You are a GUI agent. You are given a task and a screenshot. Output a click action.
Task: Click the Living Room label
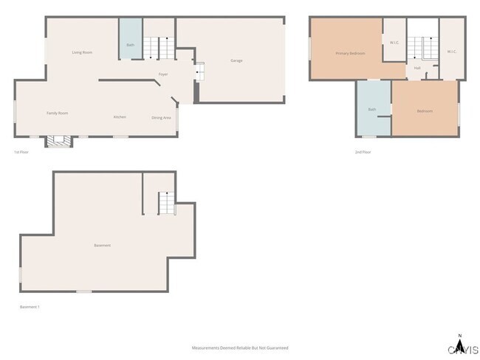coord(82,52)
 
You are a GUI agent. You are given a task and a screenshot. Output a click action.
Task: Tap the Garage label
coord(236,60)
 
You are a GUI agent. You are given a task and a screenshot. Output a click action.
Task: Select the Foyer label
coord(163,75)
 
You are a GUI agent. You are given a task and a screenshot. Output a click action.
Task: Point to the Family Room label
coord(58,113)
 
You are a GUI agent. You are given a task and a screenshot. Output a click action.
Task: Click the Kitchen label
coord(120,117)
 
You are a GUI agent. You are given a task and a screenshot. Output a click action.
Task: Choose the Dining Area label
coord(162,117)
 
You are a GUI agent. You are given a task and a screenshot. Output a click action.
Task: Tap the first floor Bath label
coord(131,46)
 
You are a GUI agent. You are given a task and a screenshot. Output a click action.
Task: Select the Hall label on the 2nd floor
coord(417,68)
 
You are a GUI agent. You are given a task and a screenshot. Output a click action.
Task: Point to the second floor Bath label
coord(372,110)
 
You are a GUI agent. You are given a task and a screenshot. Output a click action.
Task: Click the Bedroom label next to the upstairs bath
coord(424,111)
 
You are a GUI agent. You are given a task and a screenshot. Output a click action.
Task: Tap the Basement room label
coord(103,245)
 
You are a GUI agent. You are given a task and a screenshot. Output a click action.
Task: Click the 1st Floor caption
coord(21,152)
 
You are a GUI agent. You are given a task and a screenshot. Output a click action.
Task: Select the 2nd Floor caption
coord(363,152)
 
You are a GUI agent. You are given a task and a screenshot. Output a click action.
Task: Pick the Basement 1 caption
coord(30,307)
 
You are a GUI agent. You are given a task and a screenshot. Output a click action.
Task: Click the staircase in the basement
coord(168,202)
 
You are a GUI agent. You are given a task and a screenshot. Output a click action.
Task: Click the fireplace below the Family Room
coord(58,141)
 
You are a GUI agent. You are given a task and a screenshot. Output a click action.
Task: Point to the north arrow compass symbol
coord(460,345)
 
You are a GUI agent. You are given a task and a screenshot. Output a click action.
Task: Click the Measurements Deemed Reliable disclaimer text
coord(240,347)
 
